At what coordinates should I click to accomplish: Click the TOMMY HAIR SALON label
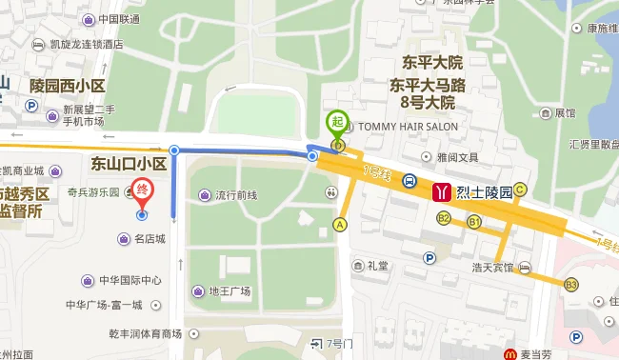(407, 127)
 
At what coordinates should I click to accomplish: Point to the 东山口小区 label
(129, 164)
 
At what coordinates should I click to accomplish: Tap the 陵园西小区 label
(67, 87)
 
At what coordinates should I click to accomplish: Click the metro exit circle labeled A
(339, 225)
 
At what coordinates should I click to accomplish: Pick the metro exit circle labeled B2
(444, 218)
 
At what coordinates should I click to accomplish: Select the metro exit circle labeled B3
(571, 284)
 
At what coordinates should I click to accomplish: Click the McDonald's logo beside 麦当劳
(511, 354)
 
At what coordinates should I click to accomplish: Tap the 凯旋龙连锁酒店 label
(86, 44)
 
